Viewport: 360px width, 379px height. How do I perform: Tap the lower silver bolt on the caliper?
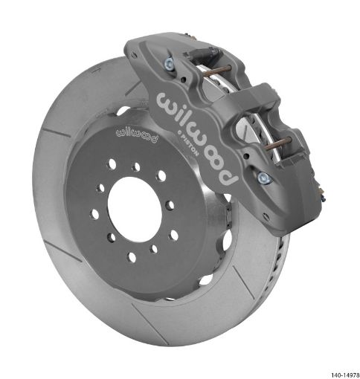262,178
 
